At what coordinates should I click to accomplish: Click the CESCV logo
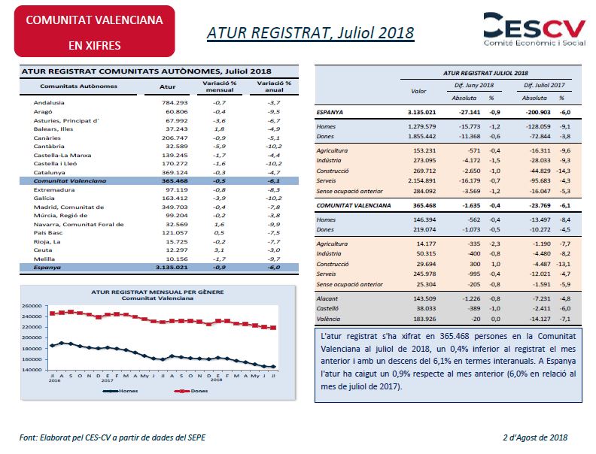point(534,29)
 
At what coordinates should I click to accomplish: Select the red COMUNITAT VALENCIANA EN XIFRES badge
point(94,32)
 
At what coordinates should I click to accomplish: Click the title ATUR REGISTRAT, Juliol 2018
point(310,32)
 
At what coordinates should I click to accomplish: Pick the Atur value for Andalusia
point(175,102)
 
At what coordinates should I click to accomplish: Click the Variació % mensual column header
point(219,86)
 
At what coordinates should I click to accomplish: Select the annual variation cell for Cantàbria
point(274,146)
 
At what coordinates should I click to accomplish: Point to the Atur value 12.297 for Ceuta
point(177,250)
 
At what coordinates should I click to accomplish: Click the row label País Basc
point(48,233)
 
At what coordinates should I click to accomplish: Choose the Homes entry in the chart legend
point(120,391)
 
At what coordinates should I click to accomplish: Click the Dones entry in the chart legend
point(191,391)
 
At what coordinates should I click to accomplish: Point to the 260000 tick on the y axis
point(32,306)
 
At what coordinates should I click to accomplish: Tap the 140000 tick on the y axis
point(32,369)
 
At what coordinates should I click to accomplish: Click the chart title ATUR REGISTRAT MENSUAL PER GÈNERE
point(157,292)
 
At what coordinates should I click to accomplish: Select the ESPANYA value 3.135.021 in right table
point(421,112)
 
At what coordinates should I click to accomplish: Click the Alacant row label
point(327,298)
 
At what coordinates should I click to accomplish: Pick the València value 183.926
point(424,319)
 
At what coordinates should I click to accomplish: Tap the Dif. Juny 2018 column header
point(474,86)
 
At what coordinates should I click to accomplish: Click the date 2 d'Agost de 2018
point(535,437)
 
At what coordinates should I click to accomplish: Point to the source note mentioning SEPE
point(113,437)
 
